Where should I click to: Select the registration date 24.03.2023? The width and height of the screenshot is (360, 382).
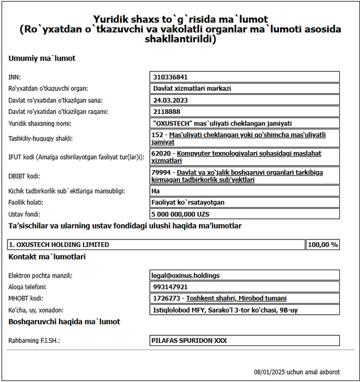(x=170, y=100)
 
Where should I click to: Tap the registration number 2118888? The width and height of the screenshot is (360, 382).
(x=167, y=111)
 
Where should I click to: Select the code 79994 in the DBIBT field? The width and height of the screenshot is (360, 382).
(x=160, y=172)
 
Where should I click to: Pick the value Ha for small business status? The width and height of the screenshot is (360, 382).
(x=157, y=191)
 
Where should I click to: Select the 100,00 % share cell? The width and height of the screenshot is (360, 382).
(x=323, y=245)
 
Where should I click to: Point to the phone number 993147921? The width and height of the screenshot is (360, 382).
(x=170, y=287)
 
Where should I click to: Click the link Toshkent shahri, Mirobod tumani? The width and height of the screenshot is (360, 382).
(x=236, y=298)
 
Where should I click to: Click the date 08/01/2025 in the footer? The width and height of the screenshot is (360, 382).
(x=268, y=372)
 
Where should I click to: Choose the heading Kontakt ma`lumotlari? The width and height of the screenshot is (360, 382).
(x=47, y=257)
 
